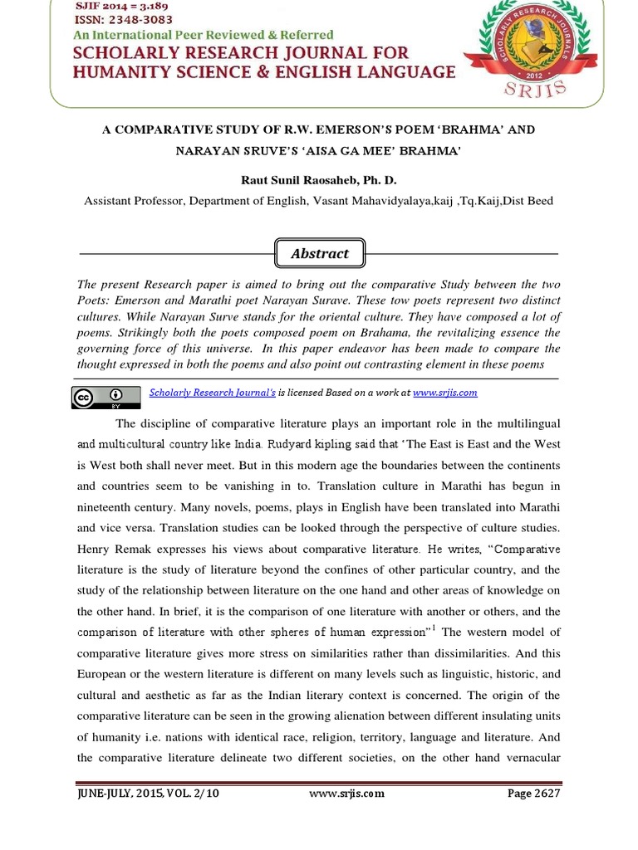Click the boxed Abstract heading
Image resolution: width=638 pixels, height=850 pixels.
(319, 254)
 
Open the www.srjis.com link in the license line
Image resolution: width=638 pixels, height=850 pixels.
(444, 393)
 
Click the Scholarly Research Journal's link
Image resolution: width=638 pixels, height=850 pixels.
(212, 393)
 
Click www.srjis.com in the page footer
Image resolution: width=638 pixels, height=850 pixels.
(346, 793)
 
